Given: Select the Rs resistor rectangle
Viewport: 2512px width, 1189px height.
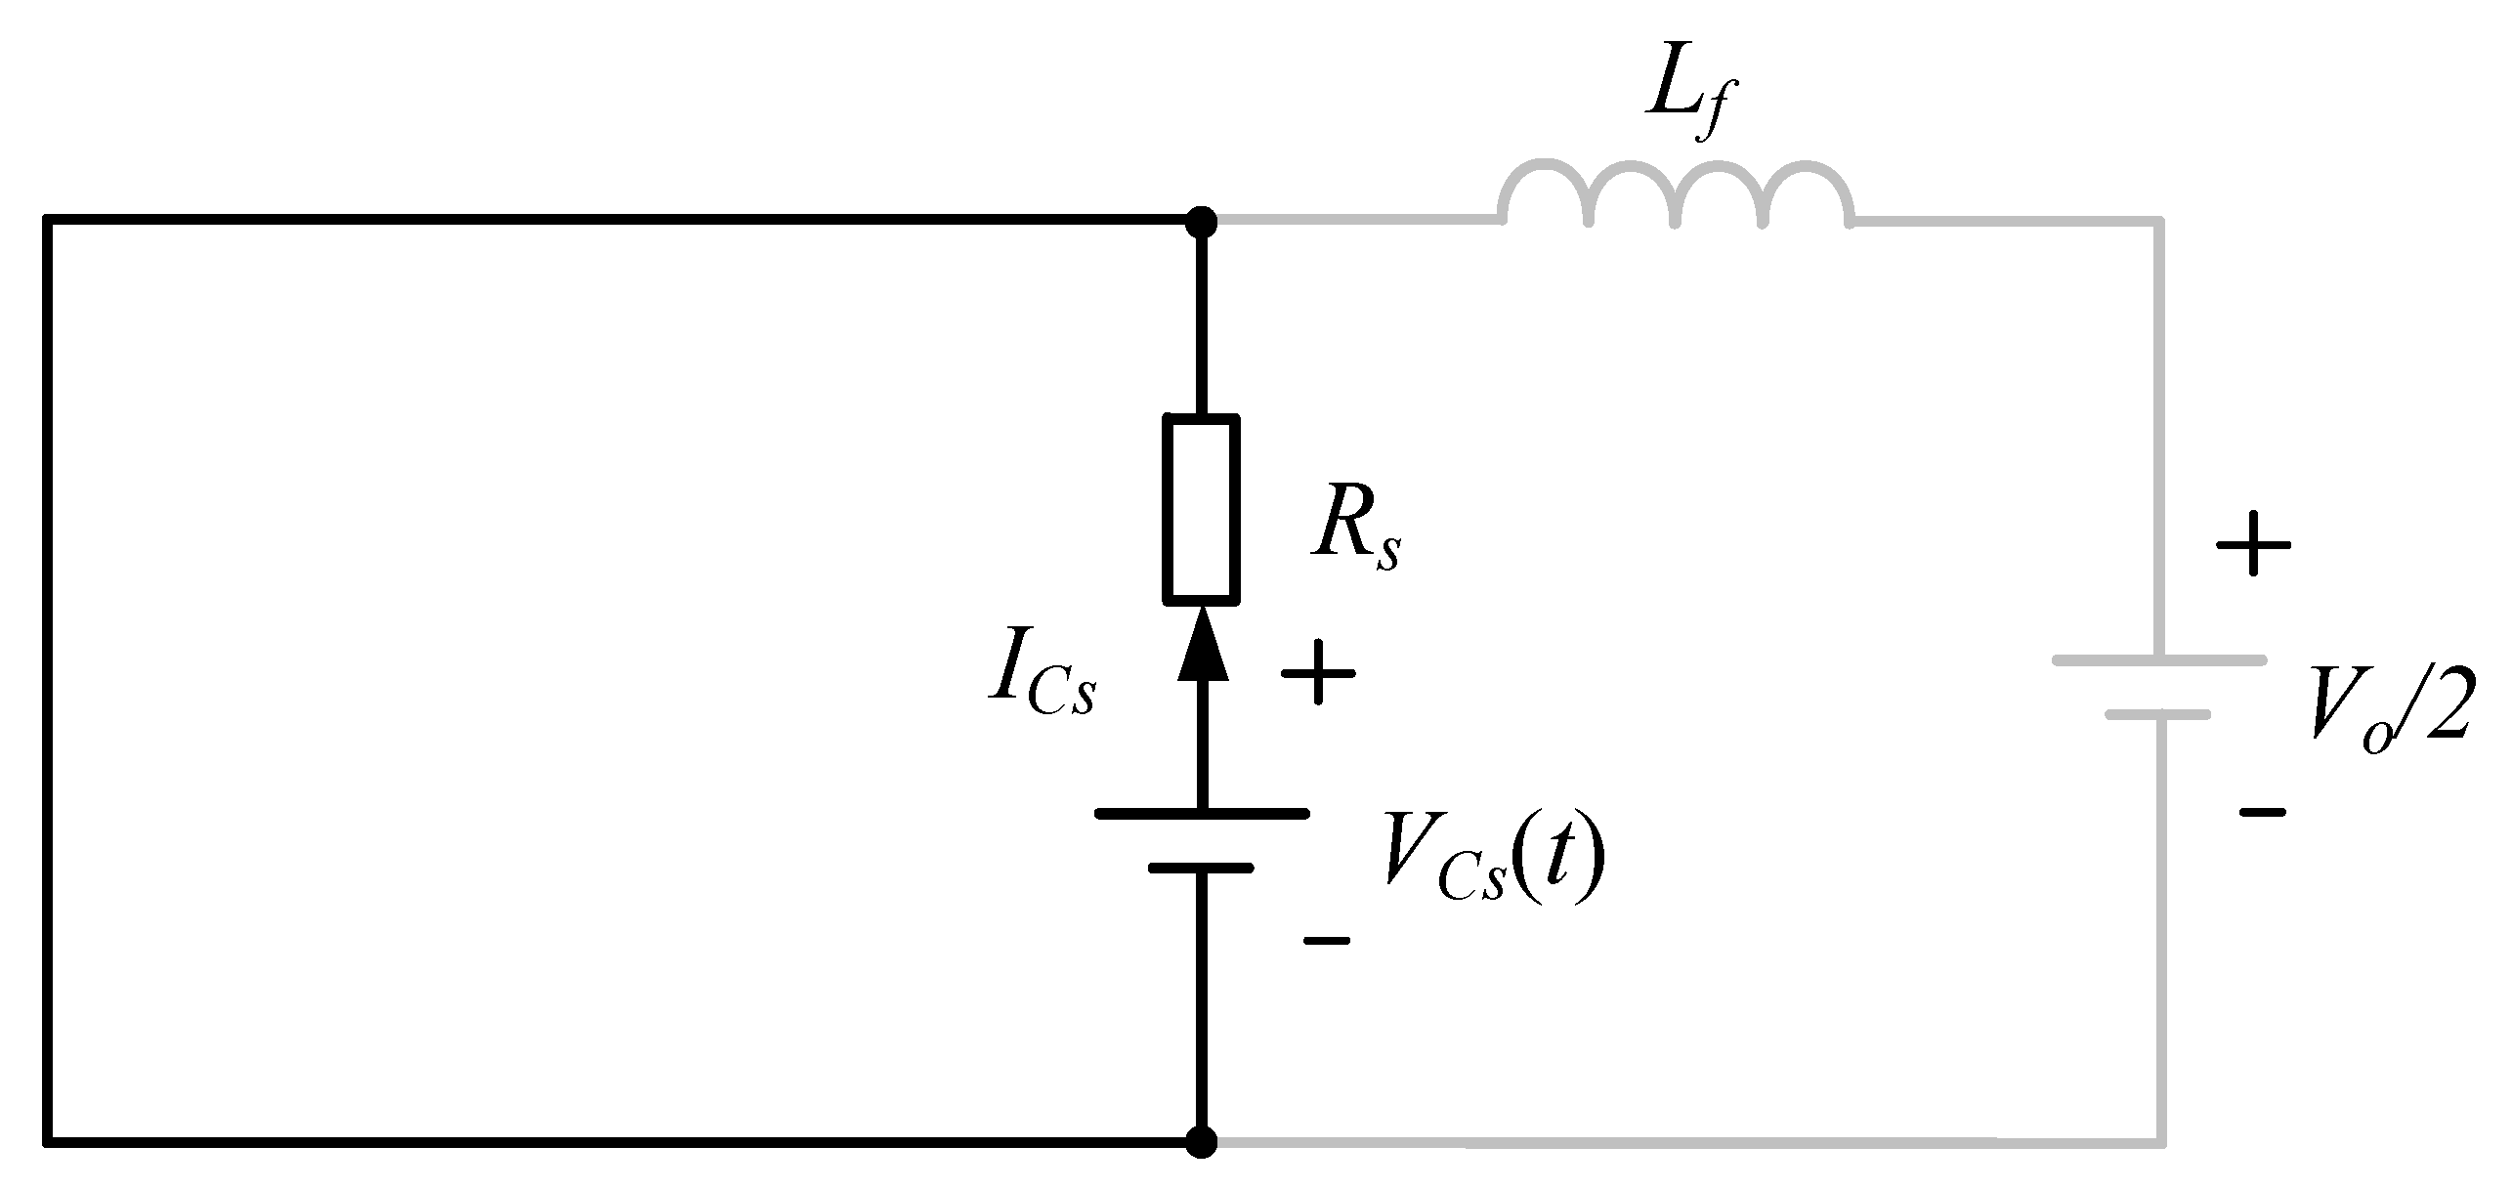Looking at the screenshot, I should (x=1201, y=508).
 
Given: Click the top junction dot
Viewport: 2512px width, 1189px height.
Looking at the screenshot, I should (x=1201, y=222).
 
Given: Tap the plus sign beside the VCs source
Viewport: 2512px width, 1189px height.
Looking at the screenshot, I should (x=1318, y=672).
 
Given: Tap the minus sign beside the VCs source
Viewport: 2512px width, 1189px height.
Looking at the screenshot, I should (x=1327, y=940).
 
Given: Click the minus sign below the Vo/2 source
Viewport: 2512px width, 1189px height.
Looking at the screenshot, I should (x=2261, y=811).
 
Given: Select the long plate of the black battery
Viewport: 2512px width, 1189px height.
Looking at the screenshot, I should (x=1201, y=813).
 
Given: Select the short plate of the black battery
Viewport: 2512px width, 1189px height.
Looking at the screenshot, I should (x=1201, y=867).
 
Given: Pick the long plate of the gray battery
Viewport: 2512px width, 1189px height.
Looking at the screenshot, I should (x=2159, y=661).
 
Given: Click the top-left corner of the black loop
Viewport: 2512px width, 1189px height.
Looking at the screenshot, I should (x=48, y=221).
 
